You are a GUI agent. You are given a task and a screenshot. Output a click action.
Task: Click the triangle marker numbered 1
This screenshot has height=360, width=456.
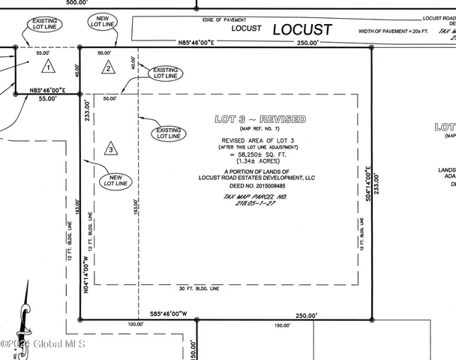point(47,67)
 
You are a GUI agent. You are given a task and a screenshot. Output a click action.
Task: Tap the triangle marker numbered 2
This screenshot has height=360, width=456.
point(107,68)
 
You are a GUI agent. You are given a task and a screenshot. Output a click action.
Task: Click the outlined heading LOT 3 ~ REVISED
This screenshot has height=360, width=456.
point(259,120)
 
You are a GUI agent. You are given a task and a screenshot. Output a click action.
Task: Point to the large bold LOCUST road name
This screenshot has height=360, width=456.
point(301,30)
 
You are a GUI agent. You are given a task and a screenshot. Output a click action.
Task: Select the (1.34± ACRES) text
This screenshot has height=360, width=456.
point(259,161)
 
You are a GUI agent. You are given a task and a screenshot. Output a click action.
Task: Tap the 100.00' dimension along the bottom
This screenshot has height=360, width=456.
point(136,325)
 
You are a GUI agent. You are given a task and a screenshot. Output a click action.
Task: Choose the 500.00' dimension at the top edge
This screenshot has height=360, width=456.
point(76,3)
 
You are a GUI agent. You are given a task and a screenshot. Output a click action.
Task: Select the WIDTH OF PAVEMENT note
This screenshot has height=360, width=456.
point(391,30)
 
